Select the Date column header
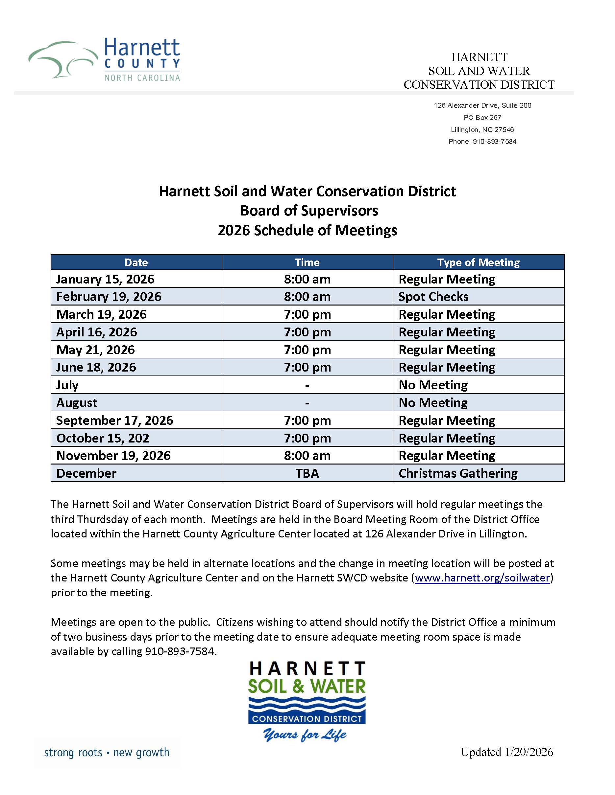[x=136, y=262]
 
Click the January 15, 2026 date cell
[x=105, y=279]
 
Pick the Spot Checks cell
[x=433, y=297]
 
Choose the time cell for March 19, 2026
[x=307, y=314]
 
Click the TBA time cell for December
[x=307, y=473]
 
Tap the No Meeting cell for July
[x=433, y=385]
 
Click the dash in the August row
[x=307, y=403]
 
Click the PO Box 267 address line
[x=482, y=118]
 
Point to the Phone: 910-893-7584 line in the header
[x=482, y=142]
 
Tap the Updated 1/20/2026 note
[x=507, y=752]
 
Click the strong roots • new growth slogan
[x=107, y=752]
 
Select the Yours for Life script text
[x=305, y=735]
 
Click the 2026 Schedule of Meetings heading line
[x=307, y=230]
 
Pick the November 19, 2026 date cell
[x=113, y=456]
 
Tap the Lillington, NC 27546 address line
[x=482, y=129]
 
